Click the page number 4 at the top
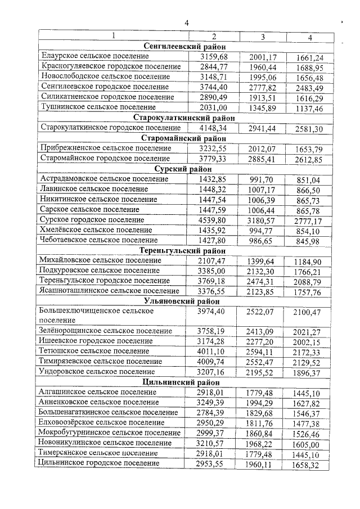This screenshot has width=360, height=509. click(186, 22)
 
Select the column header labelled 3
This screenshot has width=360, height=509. click(262, 37)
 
